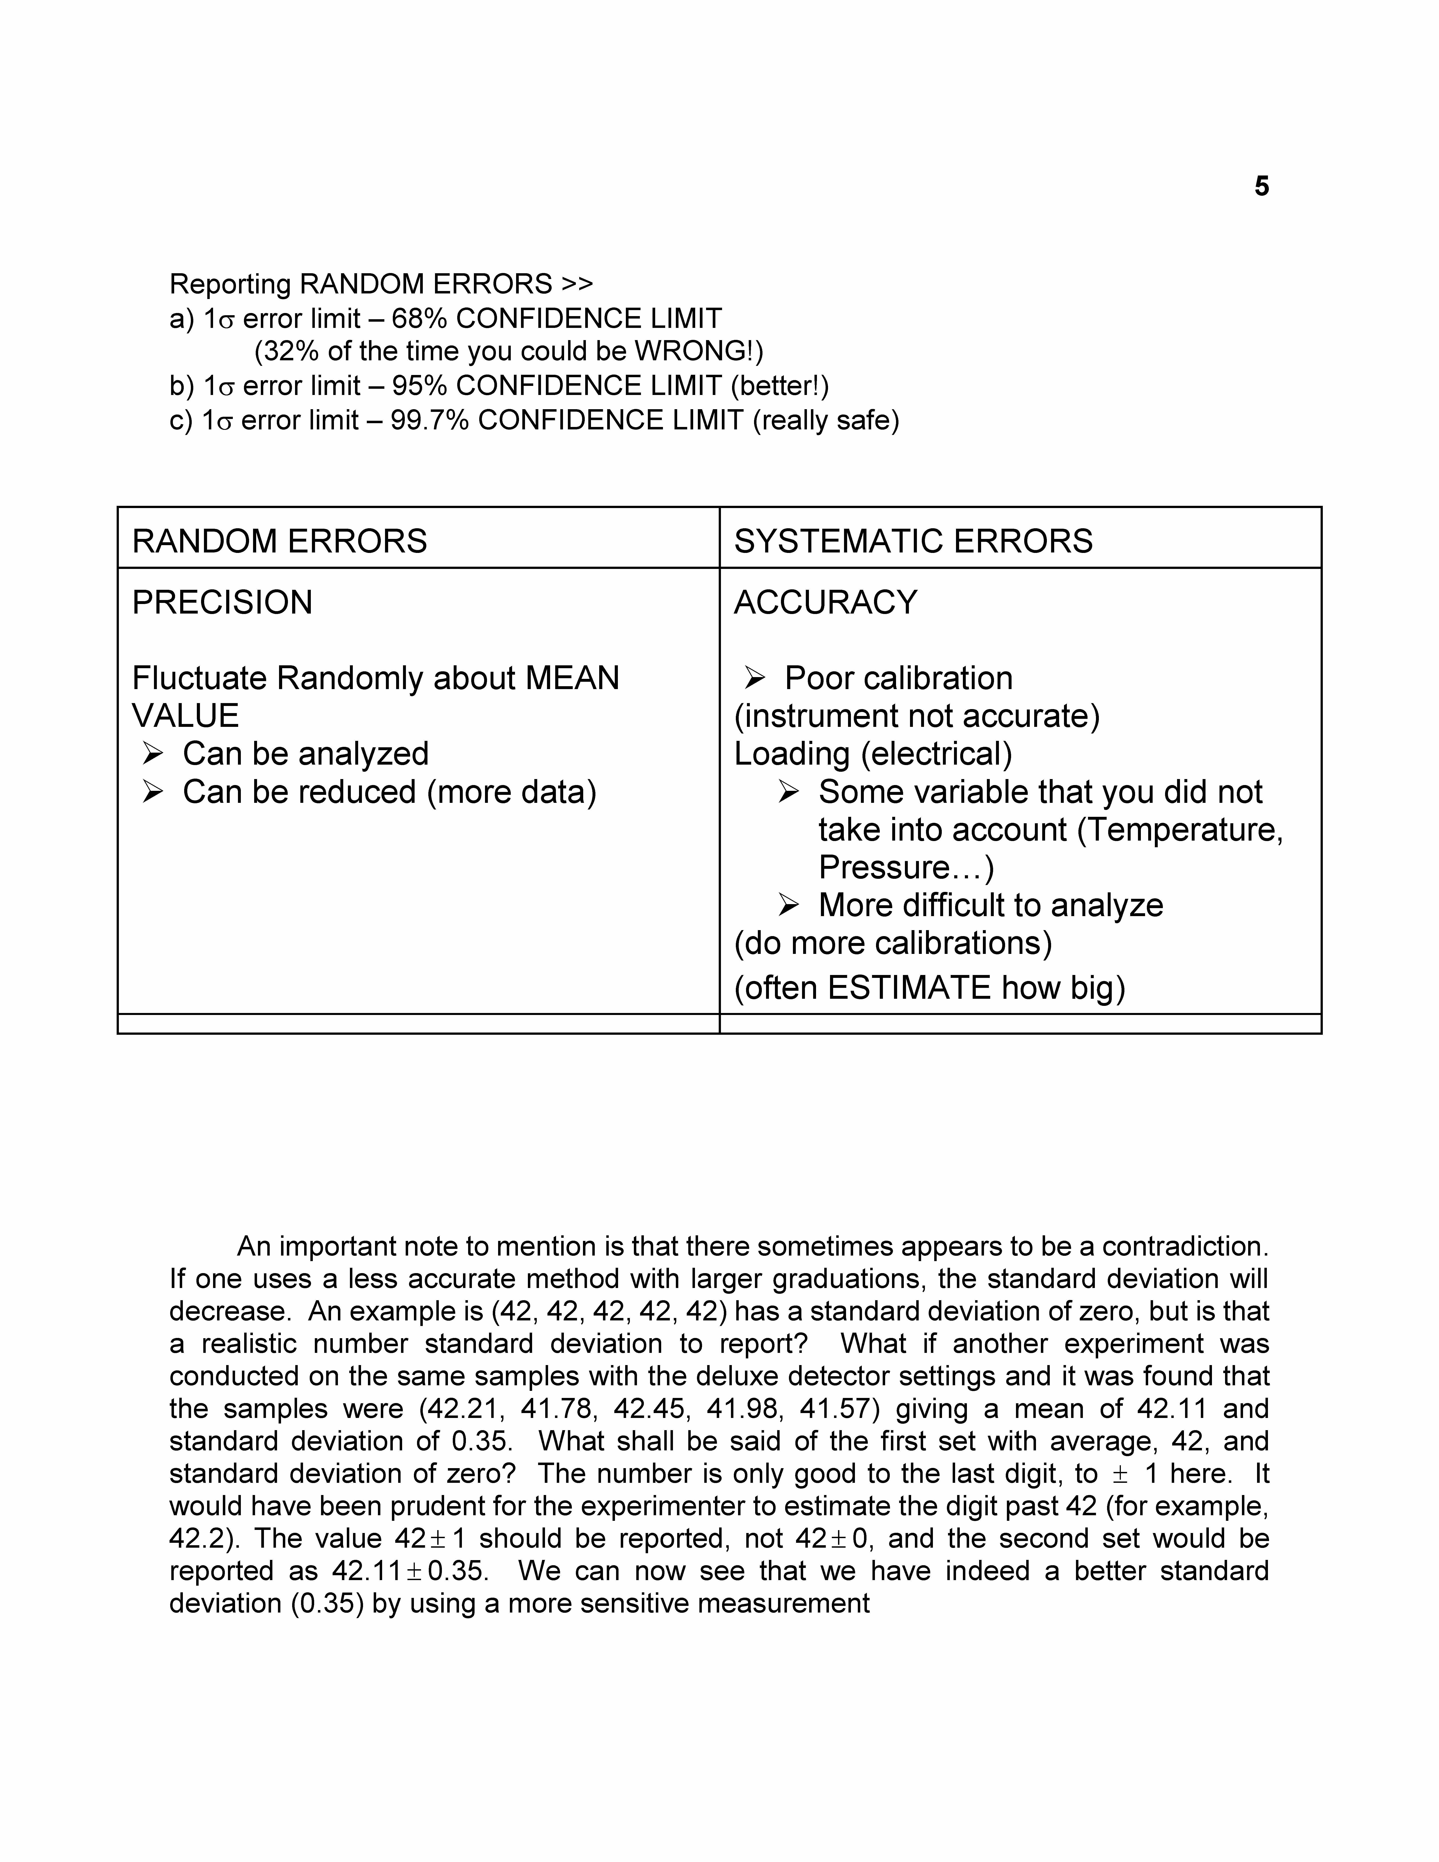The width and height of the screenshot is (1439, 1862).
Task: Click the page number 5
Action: [x=1262, y=186]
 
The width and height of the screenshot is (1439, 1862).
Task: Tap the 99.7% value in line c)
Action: [x=430, y=420]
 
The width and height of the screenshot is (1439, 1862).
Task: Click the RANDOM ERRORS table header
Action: [x=280, y=541]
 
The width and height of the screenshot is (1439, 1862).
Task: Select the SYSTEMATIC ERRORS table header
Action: [x=913, y=541]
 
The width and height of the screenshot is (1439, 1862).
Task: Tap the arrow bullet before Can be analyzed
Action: [x=153, y=754]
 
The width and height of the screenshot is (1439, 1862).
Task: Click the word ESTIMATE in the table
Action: [x=909, y=987]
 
